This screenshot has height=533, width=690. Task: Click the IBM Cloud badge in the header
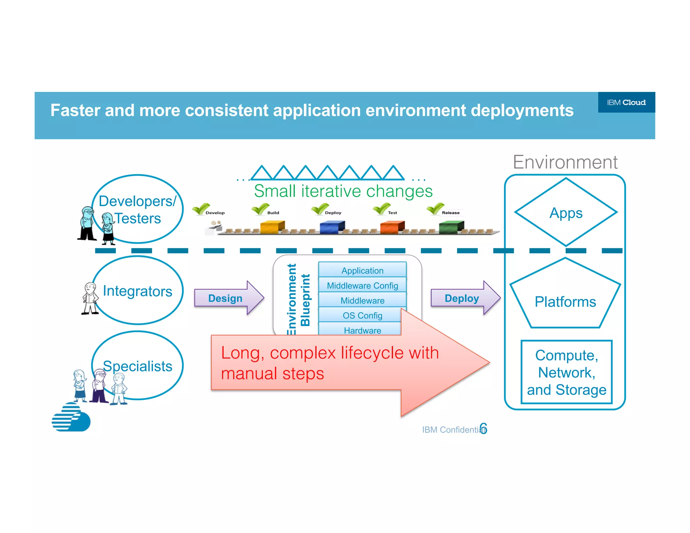[626, 102]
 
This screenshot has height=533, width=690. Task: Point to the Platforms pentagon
[565, 301]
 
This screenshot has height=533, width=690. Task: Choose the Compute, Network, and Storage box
[566, 372]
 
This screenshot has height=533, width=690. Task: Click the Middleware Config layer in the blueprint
[362, 286]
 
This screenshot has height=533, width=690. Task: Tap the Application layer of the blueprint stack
[362, 271]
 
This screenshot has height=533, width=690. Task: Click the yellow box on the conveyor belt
[272, 227]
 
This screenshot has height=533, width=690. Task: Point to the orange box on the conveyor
[391, 227]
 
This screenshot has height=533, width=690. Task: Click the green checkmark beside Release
[435, 209]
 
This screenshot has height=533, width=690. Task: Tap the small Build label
[273, 213]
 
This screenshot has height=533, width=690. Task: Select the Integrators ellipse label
[137, 291]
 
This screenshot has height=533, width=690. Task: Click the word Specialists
[137, 366]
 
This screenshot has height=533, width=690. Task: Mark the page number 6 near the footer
[483, 429]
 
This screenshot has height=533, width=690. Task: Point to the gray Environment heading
[565, 162]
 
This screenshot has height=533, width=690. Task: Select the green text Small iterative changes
[343, 191]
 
